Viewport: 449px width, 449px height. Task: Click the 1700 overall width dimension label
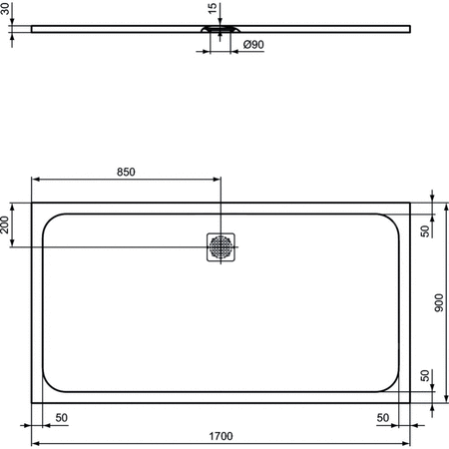[x=221, y=434]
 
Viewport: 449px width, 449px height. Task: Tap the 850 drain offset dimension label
[x=126, y=172]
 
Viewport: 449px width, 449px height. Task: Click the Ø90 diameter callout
[x=253, y=45]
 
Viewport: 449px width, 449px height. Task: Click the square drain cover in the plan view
[x=221, y=245]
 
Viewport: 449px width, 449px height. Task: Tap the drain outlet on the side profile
[x=221, y=31]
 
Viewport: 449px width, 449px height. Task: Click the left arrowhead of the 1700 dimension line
[x=35, y=442]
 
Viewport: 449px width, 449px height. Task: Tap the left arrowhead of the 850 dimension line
[x=35, y=180]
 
